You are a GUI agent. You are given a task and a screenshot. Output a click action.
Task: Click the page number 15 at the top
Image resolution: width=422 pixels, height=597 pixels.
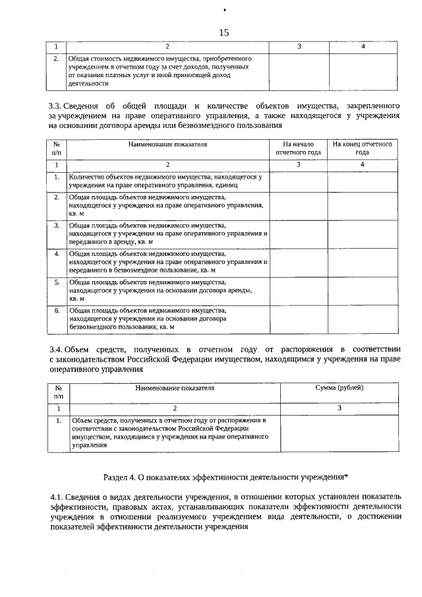[x=224, y=32]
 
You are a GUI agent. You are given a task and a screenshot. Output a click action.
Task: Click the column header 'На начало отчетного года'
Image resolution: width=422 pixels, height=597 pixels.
[x=298, y=148]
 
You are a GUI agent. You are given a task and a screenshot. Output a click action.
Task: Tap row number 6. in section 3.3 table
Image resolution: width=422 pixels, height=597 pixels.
[x=57, y=310]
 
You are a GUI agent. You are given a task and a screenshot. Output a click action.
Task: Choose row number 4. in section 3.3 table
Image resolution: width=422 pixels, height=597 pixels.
[x=57, y=253]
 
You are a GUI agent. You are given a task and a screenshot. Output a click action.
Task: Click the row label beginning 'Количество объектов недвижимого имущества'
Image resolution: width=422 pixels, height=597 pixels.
[x=166, y=181]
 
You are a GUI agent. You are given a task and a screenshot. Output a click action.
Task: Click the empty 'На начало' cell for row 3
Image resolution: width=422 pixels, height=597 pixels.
[x=298, y=234]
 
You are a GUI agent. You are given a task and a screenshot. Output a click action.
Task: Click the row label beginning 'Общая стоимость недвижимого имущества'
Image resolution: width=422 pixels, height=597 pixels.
[x=158, y=71]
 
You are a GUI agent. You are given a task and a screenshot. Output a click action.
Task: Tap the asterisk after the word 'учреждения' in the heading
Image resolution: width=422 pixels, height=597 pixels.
[x=346, y=476]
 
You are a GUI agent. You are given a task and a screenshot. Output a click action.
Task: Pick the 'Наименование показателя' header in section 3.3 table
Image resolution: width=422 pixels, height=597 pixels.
[x=167, y=144]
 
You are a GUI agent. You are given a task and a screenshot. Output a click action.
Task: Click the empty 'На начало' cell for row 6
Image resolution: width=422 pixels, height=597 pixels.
[x=298, y=319]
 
